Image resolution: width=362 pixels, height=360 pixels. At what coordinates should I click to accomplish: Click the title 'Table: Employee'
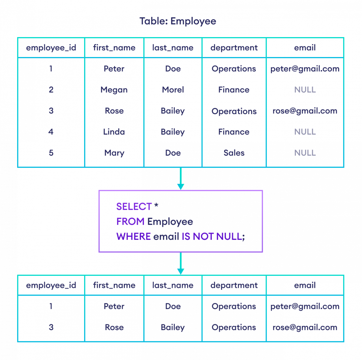[178, 21]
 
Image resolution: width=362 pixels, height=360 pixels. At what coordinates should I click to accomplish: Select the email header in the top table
[305, 48]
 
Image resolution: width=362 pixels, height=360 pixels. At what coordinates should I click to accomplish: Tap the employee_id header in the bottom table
[51, 285]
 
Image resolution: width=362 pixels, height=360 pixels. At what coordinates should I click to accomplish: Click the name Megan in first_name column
[114, 90]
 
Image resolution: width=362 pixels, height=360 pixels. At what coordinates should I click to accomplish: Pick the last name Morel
[173, 90]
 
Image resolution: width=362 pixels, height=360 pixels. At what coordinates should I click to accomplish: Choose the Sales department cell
[234, 153]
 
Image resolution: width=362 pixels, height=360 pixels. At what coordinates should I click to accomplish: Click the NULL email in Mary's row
[305, 153]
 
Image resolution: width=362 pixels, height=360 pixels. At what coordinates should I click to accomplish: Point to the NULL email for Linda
[305, 132]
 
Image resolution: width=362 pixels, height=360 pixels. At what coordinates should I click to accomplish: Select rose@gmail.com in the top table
[305, 111]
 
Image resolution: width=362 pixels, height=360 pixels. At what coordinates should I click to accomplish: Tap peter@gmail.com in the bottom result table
[305, 306]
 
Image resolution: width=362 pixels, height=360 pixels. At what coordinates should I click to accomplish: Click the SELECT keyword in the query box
[134, 207]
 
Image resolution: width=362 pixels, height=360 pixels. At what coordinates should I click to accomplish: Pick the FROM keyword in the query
[130, 221]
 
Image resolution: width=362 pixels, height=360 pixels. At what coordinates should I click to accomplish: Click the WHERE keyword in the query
[134, 236]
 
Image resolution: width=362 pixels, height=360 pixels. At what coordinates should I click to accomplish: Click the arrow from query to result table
[180, 263]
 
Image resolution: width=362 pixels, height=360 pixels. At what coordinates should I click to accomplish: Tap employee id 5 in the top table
[51, 153]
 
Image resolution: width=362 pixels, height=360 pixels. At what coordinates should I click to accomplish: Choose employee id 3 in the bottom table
[51, 327]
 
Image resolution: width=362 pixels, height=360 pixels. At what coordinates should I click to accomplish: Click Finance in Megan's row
[234, 90]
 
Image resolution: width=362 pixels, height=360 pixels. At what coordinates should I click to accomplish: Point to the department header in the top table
[234, 48]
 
